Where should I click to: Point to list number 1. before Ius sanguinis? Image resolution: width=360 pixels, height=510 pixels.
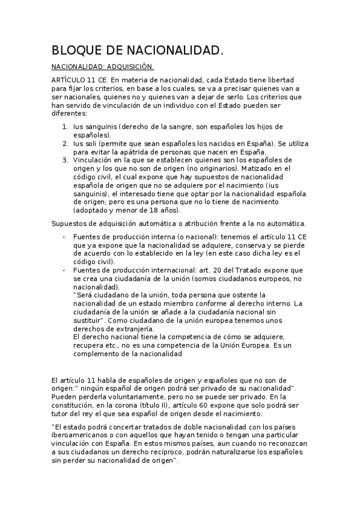pyautogui.click(x=66, y=126)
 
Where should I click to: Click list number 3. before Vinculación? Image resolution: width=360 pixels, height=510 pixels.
pyautogui.click(x=66, y=161)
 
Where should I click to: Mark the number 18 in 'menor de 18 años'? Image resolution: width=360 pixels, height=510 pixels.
pyautogui.click(x=149, y=211)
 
